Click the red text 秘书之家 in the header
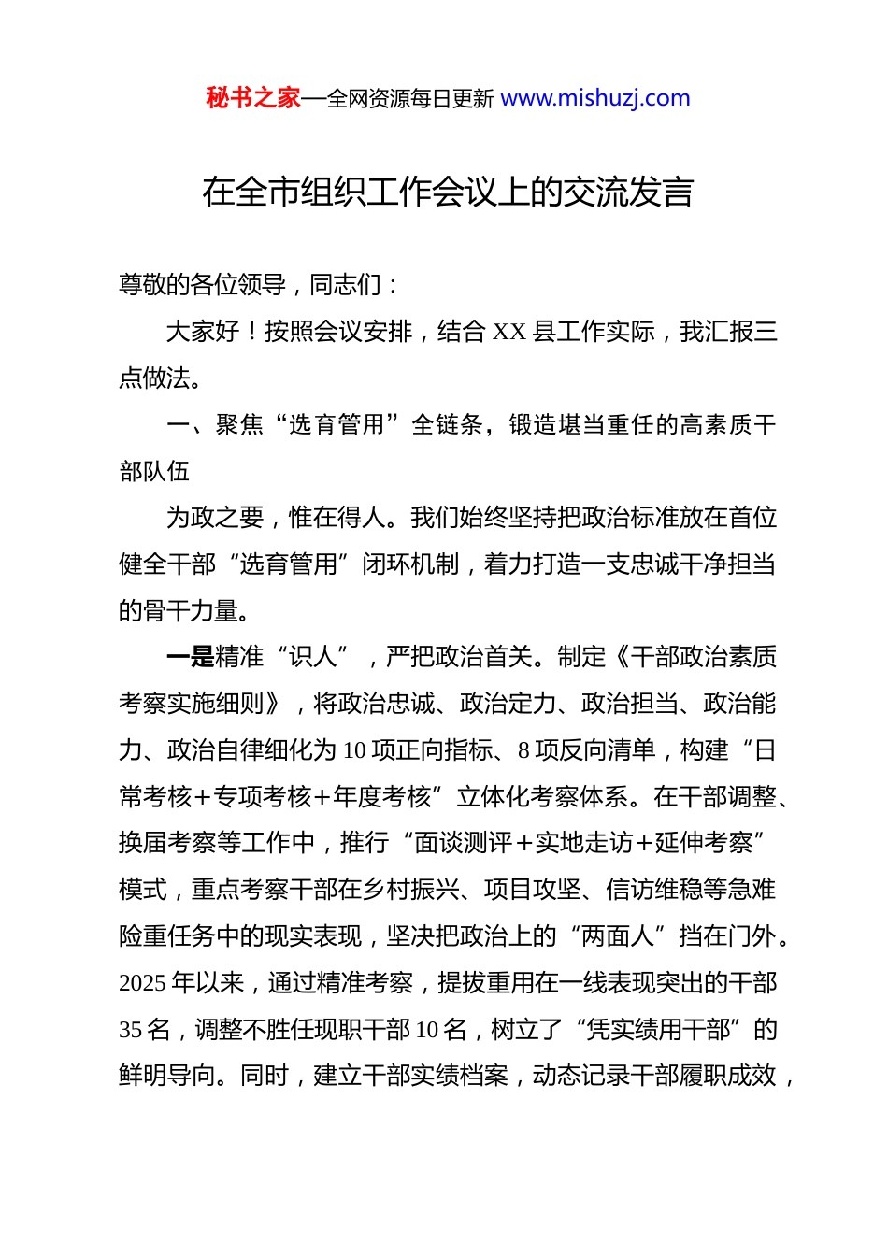coord(253,98)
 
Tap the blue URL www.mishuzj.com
coord(595,98)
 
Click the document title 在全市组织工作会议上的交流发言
coord(448,193)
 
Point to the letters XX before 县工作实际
coord(509,332)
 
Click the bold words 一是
coord(190,657)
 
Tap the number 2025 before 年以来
coord(143,983)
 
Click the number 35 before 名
coord(131,1030)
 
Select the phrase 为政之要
coord(214,518)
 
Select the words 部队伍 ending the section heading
coord(154,471)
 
